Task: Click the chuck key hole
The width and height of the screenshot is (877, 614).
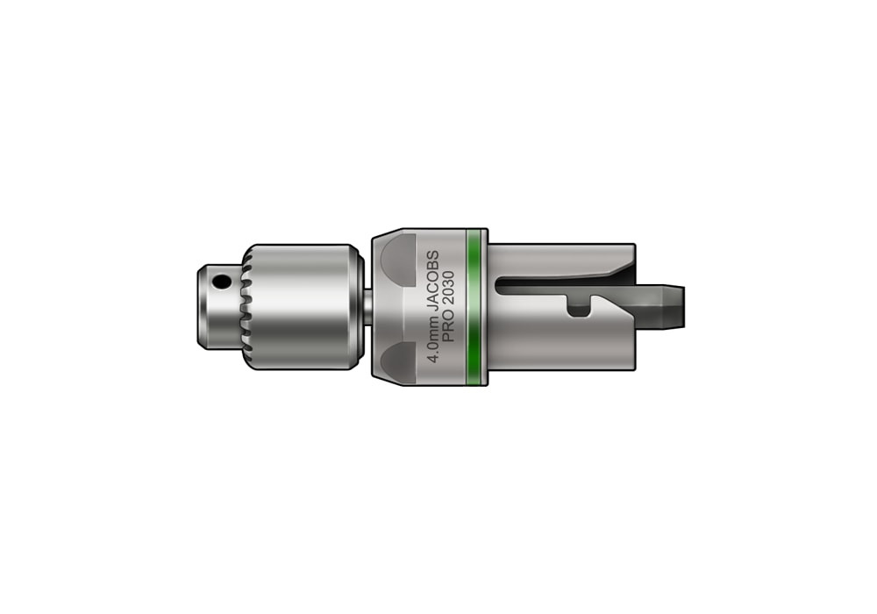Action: tap(223, 282)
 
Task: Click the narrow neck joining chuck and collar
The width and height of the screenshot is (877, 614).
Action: tap(367, 305)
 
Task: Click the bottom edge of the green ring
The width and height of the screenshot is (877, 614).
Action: tap(476, 373)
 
